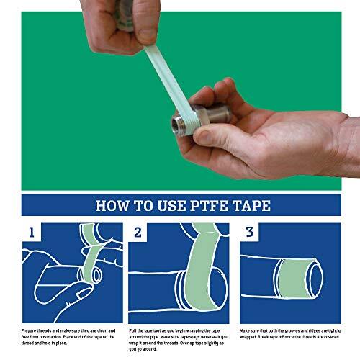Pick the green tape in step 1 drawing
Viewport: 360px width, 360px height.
90,252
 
